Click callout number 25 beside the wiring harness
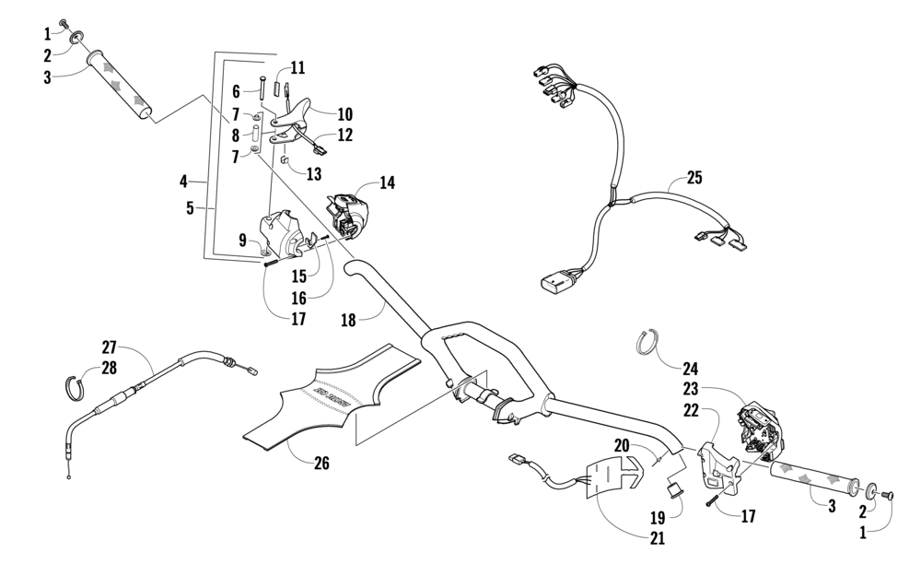694,178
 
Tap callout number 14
387,182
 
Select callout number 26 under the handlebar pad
321,464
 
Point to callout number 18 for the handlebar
348,321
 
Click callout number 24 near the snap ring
690,370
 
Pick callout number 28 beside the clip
110,368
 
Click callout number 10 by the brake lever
344,114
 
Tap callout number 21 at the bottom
658,538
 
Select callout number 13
314,174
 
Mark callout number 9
242,241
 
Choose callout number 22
691,410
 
